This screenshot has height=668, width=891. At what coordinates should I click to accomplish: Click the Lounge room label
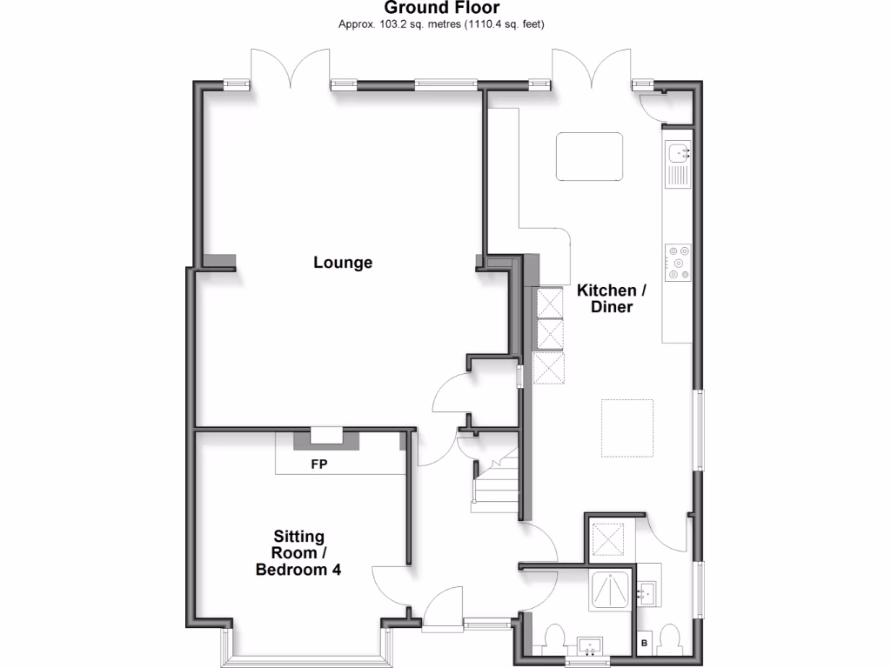[x=343, y=263]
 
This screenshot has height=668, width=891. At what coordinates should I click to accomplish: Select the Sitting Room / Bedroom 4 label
[x=298, y=553]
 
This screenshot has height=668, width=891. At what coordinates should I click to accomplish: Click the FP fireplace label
[x=319, y=465]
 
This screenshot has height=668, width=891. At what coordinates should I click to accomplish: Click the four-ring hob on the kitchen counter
[x=678, y=263]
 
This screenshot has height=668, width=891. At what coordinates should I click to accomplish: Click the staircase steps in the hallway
[x=495, y=484]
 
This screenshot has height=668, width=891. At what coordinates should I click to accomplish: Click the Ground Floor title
[x=441, y=9]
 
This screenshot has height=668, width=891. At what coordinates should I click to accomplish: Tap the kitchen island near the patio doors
[x=589, y=156]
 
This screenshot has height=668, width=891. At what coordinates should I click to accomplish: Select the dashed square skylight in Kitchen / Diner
[x=626, y=428]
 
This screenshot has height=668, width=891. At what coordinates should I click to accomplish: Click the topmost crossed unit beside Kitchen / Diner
[x=549, y=304]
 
